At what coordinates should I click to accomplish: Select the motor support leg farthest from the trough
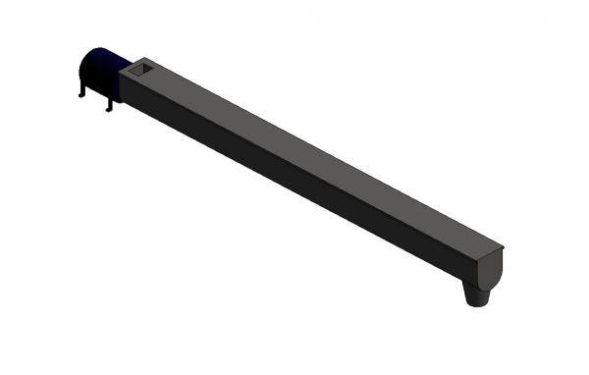tap(81, 89)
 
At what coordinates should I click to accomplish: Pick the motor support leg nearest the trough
tap(109, 103)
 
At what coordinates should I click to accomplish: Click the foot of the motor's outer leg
tap(80, 96)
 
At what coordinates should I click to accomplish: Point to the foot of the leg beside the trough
tap(108, 109)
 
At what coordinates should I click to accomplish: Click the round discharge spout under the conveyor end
tap(478, 294)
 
